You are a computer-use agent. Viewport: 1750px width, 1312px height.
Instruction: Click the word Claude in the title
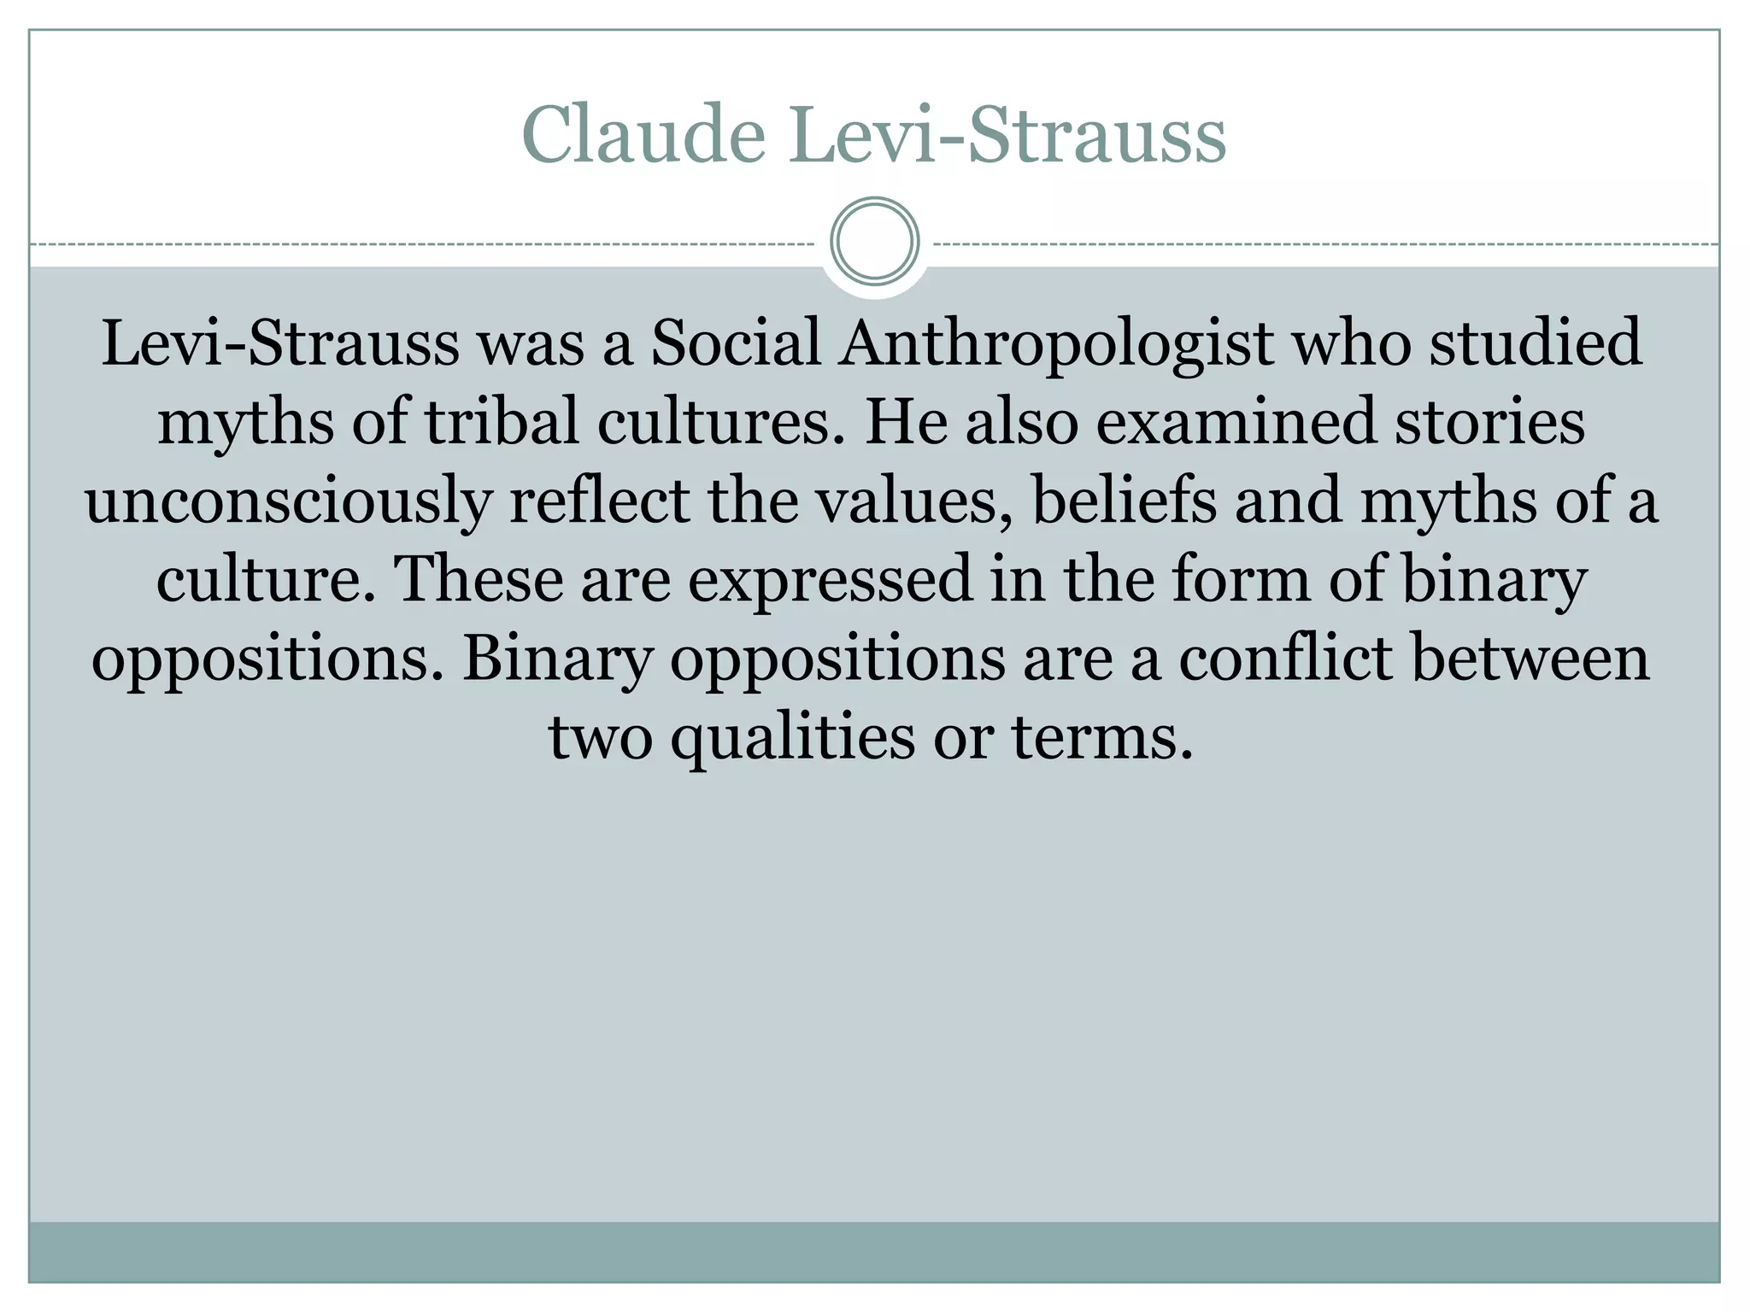pos(643,135)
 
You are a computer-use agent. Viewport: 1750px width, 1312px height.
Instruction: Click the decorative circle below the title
pos(874,242)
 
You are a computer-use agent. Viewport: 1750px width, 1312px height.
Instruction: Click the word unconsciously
pos(288,501)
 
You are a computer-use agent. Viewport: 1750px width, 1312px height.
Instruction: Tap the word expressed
pos(830,580)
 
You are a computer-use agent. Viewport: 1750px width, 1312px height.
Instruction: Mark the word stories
pos(1490,422)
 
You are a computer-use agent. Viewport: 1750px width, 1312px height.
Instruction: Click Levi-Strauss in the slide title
pos(1007,135)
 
